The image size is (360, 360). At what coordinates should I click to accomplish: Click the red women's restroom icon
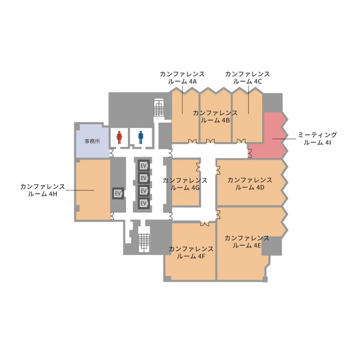point(119,138)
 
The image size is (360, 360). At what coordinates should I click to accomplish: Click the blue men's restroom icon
point(141,138)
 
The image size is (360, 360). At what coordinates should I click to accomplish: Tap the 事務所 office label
point(92,141)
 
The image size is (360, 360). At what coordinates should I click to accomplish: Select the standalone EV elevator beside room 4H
point(118,194)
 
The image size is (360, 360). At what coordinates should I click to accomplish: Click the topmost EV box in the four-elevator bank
point(144,165)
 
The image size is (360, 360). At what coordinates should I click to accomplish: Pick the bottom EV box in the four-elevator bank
point(144,203)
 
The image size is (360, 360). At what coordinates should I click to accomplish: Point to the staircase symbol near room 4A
point(159,108)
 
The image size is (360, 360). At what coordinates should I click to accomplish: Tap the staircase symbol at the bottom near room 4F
point(144,243)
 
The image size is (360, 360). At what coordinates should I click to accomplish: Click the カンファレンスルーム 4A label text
point(182,78)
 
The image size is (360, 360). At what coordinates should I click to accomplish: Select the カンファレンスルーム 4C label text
point(247,78)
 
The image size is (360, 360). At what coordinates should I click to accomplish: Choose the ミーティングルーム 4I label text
point(317,139)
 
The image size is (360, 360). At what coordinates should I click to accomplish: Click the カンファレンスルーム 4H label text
point(42,190)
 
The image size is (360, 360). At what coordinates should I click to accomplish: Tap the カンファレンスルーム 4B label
point(215,116)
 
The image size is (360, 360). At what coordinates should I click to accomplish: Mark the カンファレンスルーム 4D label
point(250,184)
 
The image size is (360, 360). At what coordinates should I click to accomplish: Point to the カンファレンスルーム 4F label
point(191,252)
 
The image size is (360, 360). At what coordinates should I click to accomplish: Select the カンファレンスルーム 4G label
point(185,184)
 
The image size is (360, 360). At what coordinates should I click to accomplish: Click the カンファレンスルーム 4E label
point(247,242)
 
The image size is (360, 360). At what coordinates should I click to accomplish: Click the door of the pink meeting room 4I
point(250,153)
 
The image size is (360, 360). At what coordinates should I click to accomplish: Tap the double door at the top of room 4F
point(205,224)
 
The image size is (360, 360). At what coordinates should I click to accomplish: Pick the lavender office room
point(92,141)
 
